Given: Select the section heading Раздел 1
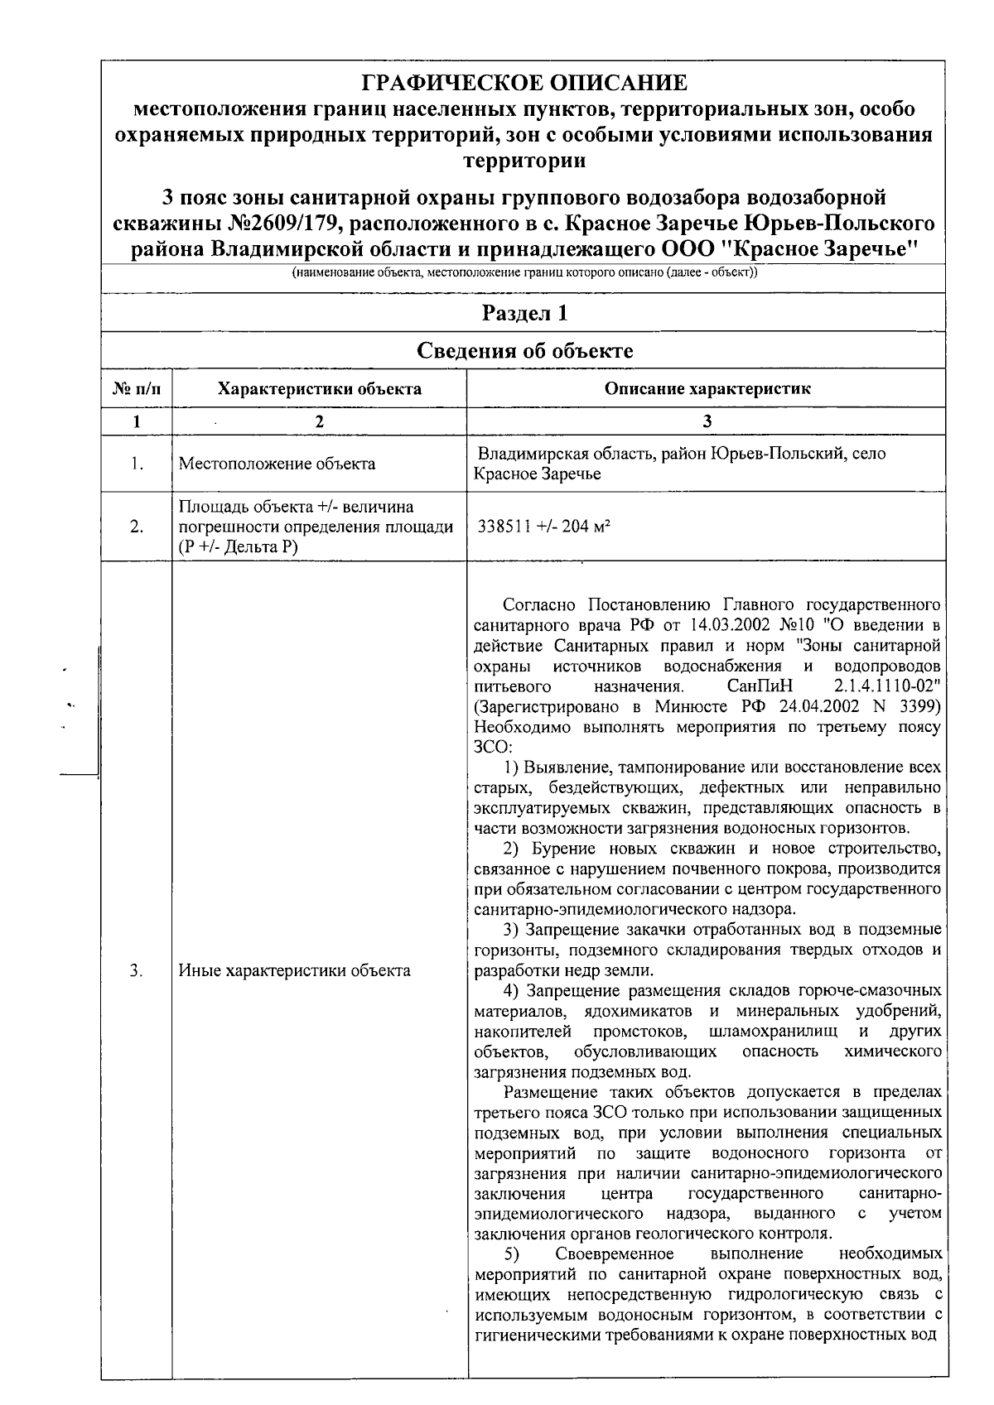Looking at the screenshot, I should pos(524,313).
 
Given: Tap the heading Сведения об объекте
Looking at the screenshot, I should pos(524,350).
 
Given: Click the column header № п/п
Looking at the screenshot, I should pos(137,388).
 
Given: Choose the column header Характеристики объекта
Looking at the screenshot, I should pos(319,388).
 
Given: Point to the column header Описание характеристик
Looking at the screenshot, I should pos(707,388).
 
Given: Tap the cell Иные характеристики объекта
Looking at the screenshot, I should pos(294,970).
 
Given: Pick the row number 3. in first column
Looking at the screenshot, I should pos(137,970).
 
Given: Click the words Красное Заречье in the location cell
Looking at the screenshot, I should pos(537,474).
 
